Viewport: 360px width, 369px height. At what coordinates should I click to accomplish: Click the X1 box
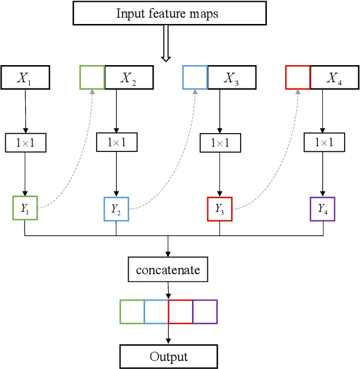tap(25, 78)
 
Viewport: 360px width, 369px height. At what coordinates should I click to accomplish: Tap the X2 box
tap(129, 78)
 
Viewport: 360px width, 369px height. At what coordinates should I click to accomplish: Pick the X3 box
tap(231, 78)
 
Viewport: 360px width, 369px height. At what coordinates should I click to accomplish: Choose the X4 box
tap(334, 78)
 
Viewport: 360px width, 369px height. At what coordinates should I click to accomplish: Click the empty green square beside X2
tap(92, 78)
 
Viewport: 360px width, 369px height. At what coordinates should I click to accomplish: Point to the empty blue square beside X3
tap(195, 78)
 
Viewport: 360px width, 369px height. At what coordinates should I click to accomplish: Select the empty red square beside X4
tap(298, 78)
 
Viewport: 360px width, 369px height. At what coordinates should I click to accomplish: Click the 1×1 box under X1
tap(25, 143)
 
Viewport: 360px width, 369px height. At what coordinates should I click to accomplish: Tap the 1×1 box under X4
tap(323, 143)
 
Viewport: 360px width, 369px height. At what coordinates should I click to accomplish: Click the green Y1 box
tap(25, 208)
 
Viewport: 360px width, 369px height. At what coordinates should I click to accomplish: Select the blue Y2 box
tap(116, 209)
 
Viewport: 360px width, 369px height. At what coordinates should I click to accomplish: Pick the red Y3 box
tap(219, 209)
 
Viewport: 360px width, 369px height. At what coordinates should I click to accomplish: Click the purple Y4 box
tap(322, 209)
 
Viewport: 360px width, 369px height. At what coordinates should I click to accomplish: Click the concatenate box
tap(168, 270)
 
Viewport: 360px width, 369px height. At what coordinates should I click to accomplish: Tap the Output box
tap(169, 356)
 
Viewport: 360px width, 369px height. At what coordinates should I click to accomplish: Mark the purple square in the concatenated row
tap(205, 312)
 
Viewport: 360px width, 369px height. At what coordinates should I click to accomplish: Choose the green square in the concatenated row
tap(132, 312)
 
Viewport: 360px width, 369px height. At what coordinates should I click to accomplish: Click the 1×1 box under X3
tap(219, 143)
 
